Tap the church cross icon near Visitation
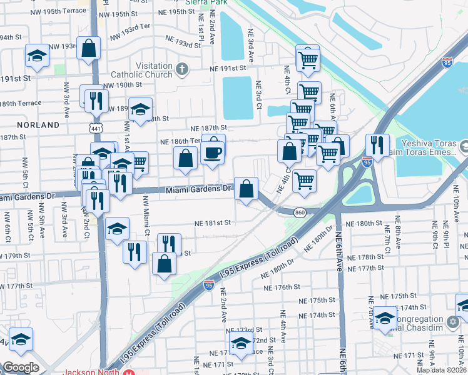[182, 69]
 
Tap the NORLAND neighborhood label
[38, 125]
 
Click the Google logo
[21, 367]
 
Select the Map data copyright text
[442, 370]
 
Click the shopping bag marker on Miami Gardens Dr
[246, 188]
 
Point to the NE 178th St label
[367, 257]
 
